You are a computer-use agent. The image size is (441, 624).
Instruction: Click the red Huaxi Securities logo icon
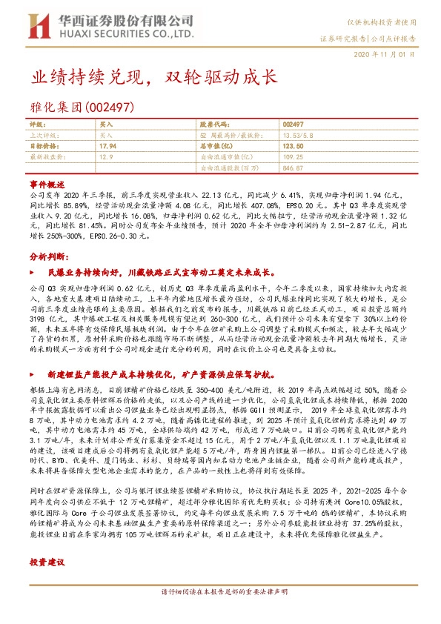37,27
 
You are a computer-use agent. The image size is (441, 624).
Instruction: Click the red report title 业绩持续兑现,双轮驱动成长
153,77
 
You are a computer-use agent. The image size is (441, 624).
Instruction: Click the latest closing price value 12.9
105,157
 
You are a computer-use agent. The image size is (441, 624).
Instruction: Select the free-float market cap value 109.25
294,157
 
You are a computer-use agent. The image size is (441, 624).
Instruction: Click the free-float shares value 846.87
294,168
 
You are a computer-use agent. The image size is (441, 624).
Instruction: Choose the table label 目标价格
43,147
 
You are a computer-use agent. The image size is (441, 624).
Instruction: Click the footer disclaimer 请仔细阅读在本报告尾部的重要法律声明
220,611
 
